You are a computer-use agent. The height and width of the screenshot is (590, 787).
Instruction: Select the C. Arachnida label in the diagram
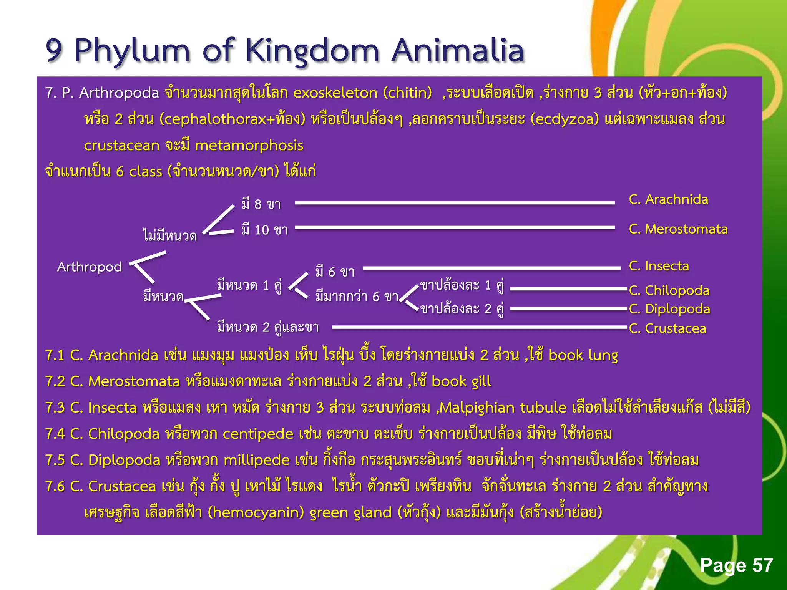tap(668, 199)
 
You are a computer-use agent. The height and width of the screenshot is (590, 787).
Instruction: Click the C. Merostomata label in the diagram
tap(678, 229)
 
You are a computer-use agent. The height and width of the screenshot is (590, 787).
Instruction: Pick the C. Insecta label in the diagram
tap(659, 266)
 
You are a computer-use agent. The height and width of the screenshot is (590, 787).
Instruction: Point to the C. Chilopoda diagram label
tap(669, 290)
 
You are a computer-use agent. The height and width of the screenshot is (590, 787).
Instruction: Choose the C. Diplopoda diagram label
tap(669, 309)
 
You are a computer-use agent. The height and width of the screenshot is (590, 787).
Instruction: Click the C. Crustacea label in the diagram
tap(667, 328)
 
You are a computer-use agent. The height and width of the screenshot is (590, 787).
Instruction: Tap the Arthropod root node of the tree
tap(89, 267)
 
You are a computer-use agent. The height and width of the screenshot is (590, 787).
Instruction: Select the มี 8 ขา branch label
tap(261, 204)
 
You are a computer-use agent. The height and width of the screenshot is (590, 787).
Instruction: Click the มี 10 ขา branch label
tap(265, 230)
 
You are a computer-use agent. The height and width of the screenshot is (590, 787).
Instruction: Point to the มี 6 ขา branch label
tap(335, 272)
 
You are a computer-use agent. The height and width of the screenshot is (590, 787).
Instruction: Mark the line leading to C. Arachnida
tap(455, 202)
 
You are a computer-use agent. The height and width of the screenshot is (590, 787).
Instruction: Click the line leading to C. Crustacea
tap(478, 327)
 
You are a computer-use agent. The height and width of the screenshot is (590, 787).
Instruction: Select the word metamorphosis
tap(249, 145)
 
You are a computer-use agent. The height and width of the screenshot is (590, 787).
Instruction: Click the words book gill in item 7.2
tap(461, 381)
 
